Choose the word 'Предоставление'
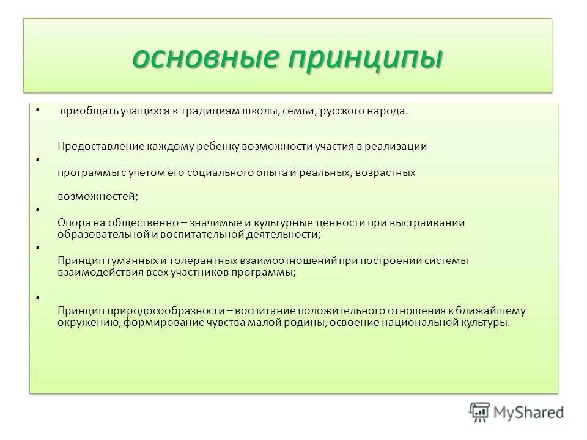click(100, 147)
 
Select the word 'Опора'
click(73, 223)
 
